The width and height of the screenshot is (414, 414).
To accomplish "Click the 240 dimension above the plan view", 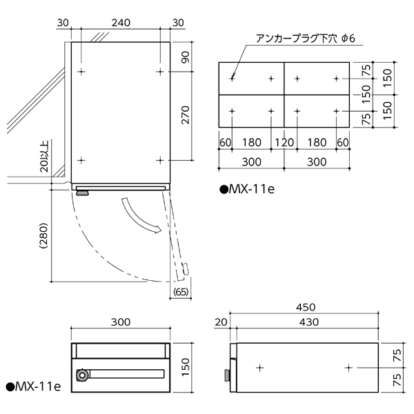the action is (121, 23).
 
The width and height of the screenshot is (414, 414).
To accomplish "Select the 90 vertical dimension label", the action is (186, 57).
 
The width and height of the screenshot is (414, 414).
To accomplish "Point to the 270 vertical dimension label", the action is (186, 115).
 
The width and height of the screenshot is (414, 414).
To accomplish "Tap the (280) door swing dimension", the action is (43, 236).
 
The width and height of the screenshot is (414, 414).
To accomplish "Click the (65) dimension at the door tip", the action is (181, 292).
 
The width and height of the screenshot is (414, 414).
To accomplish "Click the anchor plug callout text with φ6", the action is (306, 39).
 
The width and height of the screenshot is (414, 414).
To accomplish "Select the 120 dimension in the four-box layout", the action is (284, 143).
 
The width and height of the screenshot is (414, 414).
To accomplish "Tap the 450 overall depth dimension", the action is (306, 307).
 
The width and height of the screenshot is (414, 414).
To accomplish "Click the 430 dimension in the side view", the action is (309, 322).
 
